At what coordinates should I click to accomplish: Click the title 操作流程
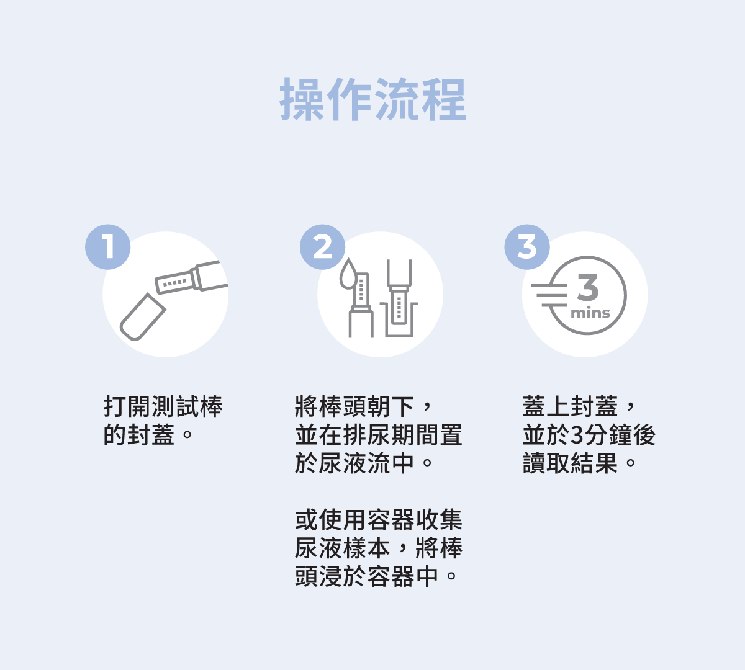click(x=372, y=99)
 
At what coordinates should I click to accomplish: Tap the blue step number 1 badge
click(x=108, y=247)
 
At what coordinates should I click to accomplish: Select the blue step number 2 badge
click(x=323, y=247)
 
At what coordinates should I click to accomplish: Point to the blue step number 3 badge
click(x=527, y=247)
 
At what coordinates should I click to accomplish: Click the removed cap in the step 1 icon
click(x=142, y=317)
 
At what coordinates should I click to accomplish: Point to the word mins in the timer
click(x=590, y=313)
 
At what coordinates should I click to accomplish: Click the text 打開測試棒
click(x=163, y=407)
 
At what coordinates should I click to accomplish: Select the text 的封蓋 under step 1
click(x=139, y=435)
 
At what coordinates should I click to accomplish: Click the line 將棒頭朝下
click(x=354, y=407)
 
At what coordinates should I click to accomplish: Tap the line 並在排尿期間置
click(x=378, y=435)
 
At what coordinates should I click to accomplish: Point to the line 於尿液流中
click(x=354, y=463)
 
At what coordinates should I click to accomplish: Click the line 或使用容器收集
click(x=378, y=520)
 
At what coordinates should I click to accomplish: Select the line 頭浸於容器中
click(x=366, y=576)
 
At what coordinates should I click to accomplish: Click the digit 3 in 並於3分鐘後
click(x=577, y=435)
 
